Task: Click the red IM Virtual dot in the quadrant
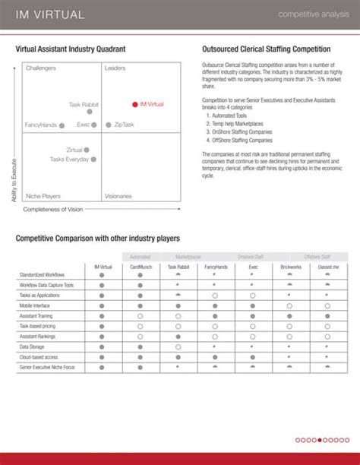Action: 134,104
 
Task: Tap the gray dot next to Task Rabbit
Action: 90,112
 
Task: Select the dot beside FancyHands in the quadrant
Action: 62,125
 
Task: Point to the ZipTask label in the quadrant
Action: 124,124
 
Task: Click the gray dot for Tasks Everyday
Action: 93,160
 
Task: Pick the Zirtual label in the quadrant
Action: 74,150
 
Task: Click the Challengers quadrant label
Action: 40,68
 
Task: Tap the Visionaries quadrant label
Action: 118,195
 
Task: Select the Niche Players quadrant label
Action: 43,195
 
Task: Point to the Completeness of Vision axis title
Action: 52,209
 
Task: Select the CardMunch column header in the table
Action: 140,267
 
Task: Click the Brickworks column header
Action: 290,267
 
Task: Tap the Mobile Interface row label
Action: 36,305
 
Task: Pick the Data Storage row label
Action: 33,346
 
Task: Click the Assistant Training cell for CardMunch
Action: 140,315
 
